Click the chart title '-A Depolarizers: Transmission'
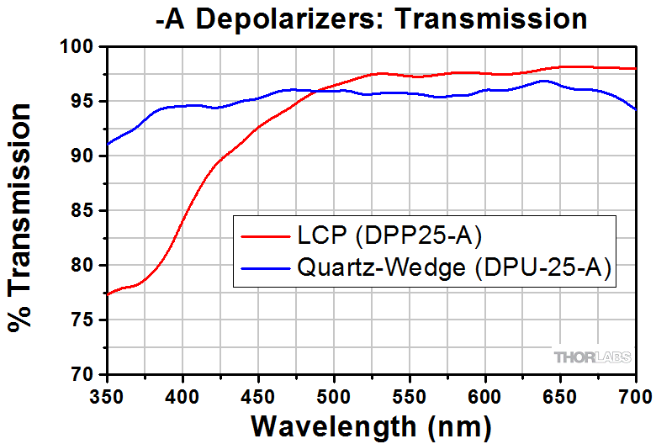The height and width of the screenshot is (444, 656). pyautogui.click(x=371, y=18)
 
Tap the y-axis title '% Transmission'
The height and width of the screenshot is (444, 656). pyautogui.click(x=23, y=217)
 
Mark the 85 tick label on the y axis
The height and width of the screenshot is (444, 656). pyautogui.click(x=85, y=211)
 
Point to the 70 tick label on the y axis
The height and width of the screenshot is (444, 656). pyautogui.click(x=85, y=374)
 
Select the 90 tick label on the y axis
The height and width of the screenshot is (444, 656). pyautogui.click(x=85, y=156)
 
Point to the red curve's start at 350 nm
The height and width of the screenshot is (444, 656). pyautogui.click(x=108, y=294)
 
